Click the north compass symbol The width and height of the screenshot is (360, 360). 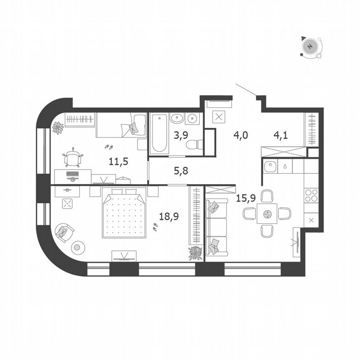pyautogui.click(x=310, y=46)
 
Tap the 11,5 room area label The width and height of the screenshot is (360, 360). pyautogui.click(x=118, y=161)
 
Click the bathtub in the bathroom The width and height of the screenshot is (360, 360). pyautogui.click(x=160, y=133)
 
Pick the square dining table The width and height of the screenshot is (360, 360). pyautogui.click(x=267, y=214)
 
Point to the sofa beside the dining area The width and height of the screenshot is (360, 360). pyautogui.click(x=216, y=227)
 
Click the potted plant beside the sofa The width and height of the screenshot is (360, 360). pyautogui.click(x=195, y=252)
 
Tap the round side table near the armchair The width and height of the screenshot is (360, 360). pyautogui.click(x=77, y=248)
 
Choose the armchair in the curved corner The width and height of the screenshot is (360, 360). pyautogui.click(x=64, y=232)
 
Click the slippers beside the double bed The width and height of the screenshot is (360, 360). pyautogui.click(x=155, y=227)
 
